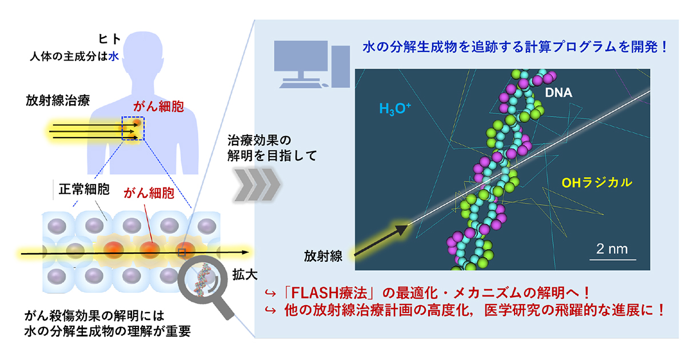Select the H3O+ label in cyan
(x=395, y=107)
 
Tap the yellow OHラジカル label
(x=597, y=183)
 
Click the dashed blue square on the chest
(x=133, y=129)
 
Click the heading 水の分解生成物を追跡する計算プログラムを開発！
(x=514, y=47)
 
